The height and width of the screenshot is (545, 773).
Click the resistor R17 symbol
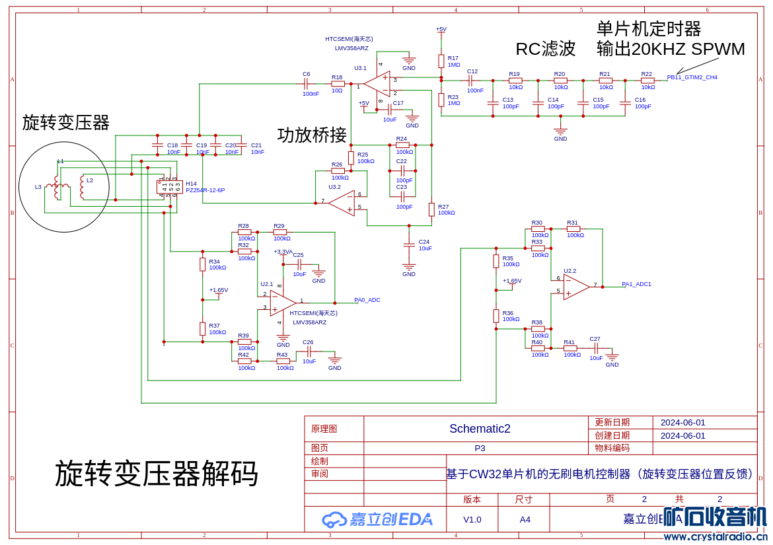[x=441, y=61]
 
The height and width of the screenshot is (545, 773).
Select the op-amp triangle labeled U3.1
[x=378, y=84]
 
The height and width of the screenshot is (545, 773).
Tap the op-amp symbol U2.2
[x=576, y=287]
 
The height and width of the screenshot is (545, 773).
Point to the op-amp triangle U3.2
[x=343, y=202]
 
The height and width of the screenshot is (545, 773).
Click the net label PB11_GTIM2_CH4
[x=692, y=77]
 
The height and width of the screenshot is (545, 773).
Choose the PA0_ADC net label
[x=367, y=300]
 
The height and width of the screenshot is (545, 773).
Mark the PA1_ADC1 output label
[x=636, y=284]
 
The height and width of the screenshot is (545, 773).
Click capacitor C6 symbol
[x=306, y=84]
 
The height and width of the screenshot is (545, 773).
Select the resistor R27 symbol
[x=431, y=209]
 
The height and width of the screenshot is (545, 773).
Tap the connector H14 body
[x=169, y=187]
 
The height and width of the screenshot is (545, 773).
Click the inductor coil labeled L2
[x=82, y=187]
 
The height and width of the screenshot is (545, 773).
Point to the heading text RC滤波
[x=545, y=49]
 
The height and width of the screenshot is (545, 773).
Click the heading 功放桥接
[x=312, y=135]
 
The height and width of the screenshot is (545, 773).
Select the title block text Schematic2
[x=480, y=429]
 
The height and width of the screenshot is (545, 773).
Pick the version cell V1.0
[x=472, y=519]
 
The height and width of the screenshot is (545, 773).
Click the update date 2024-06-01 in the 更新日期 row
[x=682, y=422]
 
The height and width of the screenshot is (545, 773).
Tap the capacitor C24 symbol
[x=409, y=245]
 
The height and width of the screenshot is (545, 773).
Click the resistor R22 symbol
[x=647, y=81]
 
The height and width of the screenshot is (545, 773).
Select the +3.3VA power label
[x=283, y=252]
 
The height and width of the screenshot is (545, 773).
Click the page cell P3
[x=480, y=448]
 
